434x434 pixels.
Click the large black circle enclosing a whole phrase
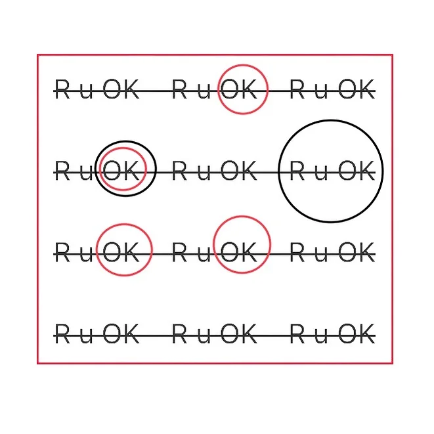coord(330,121)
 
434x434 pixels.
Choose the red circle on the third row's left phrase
coord(123,225)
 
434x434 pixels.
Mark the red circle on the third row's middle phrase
coord(242,217)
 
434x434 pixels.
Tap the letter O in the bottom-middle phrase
coord(230,334)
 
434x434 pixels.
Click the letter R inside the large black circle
coord(299,171)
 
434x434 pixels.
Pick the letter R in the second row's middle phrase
coord(181,171)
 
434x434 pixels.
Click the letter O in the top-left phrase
coord(113,90)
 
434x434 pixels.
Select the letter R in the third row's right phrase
coord(299,252)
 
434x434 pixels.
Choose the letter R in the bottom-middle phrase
coord(181,334)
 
